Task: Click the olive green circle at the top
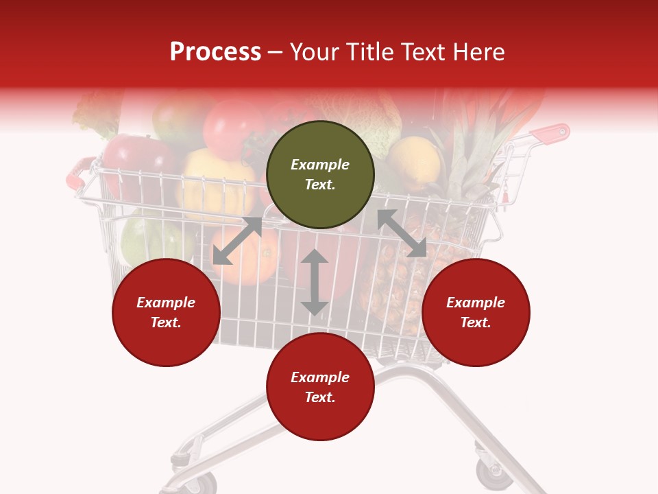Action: (x=320, y=174)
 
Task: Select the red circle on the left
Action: (x=166, y=312)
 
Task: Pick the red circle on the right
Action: (x=476, y=312)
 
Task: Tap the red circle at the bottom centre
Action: (x=320, y=387)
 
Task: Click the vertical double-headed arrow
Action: (x=315, y=282)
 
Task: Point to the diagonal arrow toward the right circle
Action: (x=402, y=233)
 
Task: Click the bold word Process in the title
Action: (x=215, y=51)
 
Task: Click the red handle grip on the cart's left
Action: (x=78, y=173)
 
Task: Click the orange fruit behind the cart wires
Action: (x=247, y=259)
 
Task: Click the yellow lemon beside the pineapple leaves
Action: (x=415, y=162)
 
